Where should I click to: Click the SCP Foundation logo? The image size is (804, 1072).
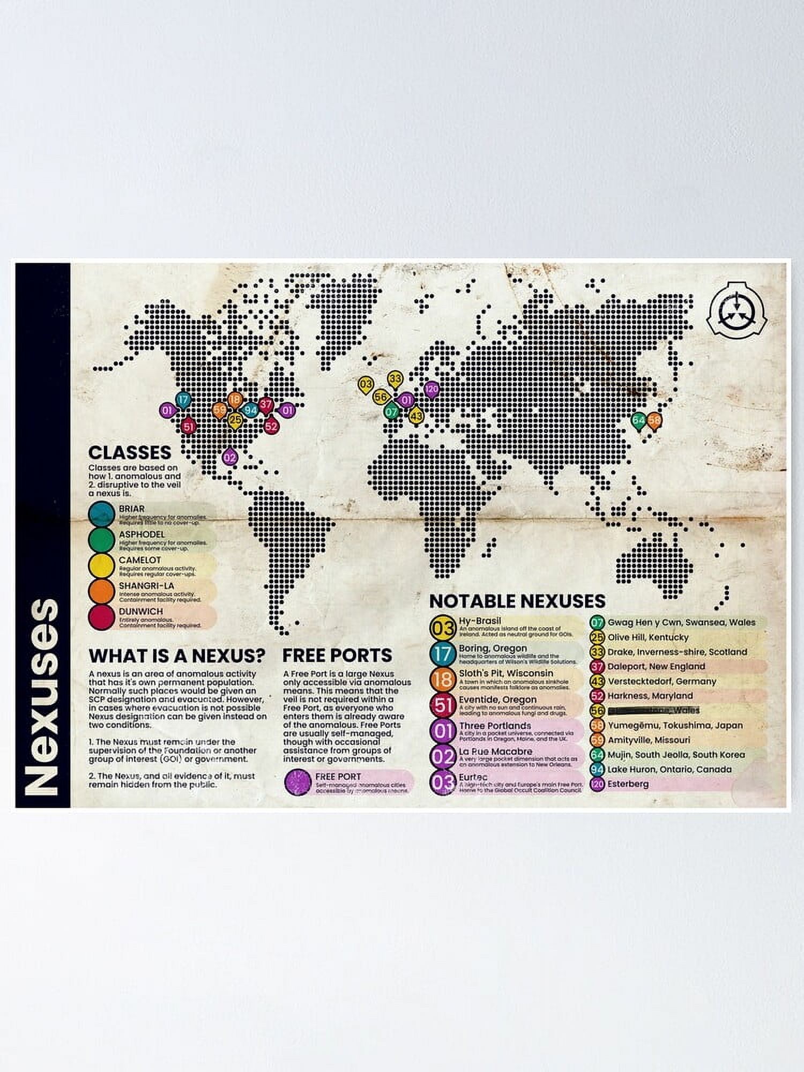tap(738, 314)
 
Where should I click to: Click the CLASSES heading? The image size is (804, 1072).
tap(130, 452)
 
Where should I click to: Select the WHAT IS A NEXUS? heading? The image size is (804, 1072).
tap(177, 655)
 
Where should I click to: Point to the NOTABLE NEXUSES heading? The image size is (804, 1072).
tap(517, 601)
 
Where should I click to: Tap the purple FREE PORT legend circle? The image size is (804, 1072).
tap(298, 781)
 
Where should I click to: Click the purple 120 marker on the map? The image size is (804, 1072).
tap(431, 390)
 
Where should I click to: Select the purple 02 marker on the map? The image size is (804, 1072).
tap(230, 457)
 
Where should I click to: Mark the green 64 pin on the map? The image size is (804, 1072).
tap(638, 421)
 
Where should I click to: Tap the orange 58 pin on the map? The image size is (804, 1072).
tap(654, 421)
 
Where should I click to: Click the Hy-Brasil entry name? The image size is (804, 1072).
tap(480, 621)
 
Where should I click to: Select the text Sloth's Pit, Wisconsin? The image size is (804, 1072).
tap(505, 673)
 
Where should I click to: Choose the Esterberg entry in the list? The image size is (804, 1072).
tap(628, 784)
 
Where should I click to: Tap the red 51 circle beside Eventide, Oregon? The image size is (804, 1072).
tap(443, 705)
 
